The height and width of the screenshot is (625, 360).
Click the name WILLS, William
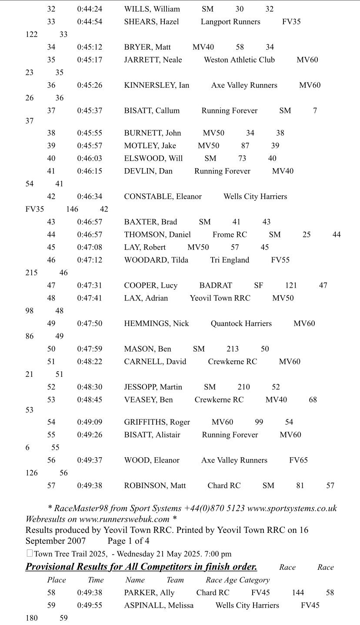tap(152, 9)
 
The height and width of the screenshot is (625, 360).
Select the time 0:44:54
tap(90, 22)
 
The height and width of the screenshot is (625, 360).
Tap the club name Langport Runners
tap(230, 22)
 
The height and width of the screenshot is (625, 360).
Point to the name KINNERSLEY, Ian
tap(157, 85)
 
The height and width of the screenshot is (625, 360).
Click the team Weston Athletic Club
tap(239, 60)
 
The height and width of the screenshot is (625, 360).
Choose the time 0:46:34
tap(90, 196)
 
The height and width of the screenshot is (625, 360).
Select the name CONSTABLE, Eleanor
tap(163, 196)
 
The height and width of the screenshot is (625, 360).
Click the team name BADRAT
tap(216, 286)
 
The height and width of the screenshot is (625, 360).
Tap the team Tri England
tap(230, 260)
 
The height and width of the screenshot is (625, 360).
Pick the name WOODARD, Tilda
tap(156, 260)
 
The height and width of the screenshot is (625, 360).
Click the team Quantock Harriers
tap(241, 323)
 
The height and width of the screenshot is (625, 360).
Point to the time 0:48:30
tap(90, 387)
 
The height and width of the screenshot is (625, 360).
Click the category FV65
tap(298, 460)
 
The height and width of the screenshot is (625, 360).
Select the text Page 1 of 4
tap(128, 541)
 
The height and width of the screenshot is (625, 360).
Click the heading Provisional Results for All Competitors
tap(141, 567)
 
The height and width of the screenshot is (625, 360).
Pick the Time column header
tap(96, 580)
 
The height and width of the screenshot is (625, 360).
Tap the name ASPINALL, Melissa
tap(159, 605)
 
